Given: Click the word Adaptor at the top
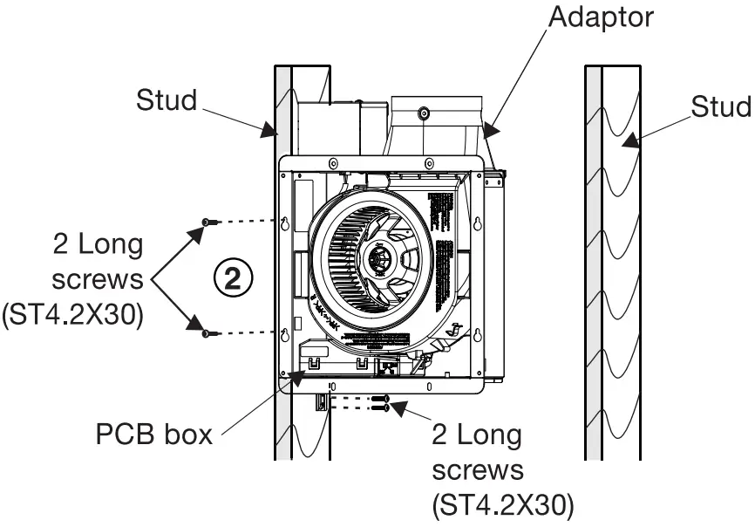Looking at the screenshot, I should [599, 17].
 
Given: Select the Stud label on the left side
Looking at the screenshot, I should [167, 100].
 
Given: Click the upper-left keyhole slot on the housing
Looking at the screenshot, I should [285, 223].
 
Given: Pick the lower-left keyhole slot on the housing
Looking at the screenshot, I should [285, 333].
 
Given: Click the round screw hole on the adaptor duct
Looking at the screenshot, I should [423, 113].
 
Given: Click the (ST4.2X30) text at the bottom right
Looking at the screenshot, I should [503, 504].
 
